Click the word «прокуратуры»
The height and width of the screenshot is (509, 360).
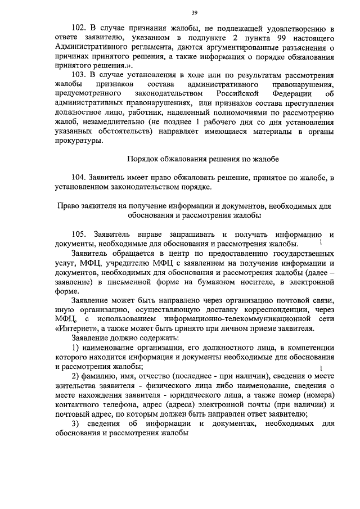pyautogui.click(x=79, y=141)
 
